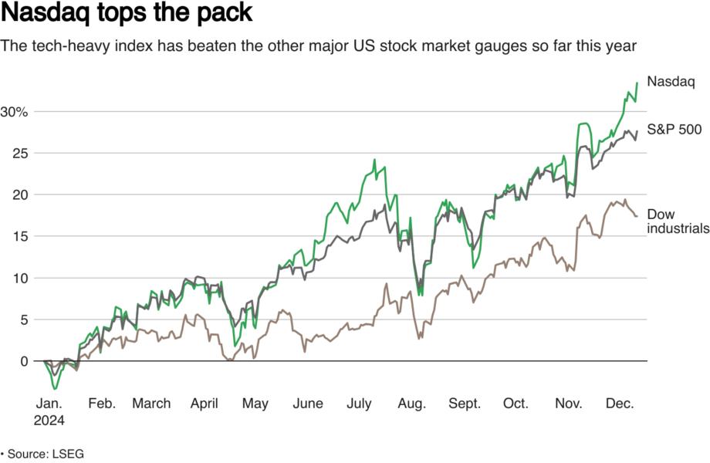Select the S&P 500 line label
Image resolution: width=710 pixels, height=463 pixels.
pos(674,130)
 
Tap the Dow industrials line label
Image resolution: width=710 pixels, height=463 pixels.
pos(677,221)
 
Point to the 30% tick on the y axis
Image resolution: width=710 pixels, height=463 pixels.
pos(14,112)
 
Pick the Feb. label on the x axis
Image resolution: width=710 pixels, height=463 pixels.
pos(102,404)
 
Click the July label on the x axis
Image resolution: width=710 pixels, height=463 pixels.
pos(360,404)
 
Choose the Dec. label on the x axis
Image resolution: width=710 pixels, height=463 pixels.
pos(620,404)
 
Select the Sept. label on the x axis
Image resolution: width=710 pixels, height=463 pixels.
pos(464,404)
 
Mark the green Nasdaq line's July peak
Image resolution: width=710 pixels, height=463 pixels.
pos(374,161)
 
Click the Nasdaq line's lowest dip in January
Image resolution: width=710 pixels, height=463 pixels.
pos(54,388)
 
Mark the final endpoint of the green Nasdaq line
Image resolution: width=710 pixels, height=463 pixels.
pos(637,83)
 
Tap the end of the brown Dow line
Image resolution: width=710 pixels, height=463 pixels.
pos(637,216)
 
